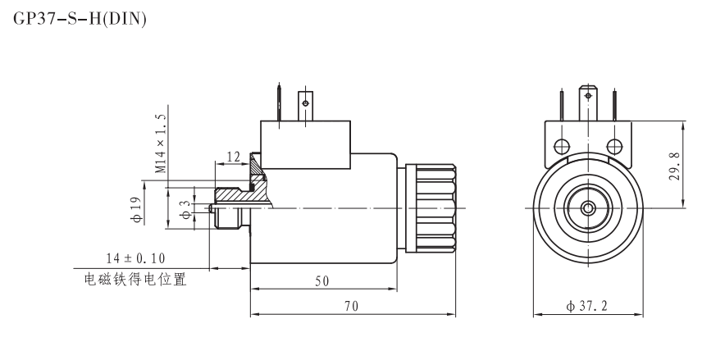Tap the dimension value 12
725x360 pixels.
coord(232,157)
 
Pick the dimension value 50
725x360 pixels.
coord(322,280)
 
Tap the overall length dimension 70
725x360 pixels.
coord(351,305)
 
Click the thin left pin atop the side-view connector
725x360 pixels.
coord(280,103)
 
